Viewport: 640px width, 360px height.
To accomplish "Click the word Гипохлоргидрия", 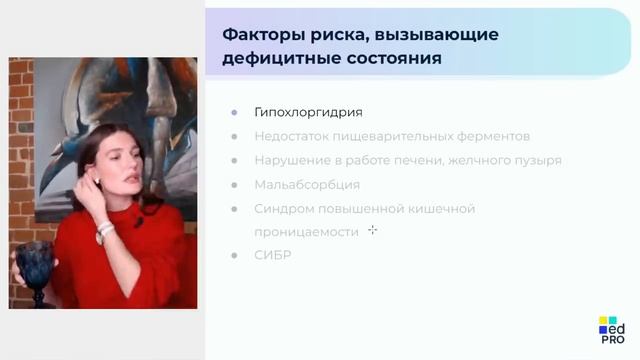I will tap(308, 112).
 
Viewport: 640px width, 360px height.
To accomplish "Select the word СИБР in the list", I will tap(273, 255).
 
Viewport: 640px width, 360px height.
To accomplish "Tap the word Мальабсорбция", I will tap(307, 184).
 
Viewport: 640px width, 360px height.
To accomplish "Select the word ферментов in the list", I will tap(489, 136).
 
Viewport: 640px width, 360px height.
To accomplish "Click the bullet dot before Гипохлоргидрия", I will tap(234, 112).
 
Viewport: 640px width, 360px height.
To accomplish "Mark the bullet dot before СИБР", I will tap(234, 255).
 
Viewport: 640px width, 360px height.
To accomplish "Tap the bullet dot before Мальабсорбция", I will tap(234, 184).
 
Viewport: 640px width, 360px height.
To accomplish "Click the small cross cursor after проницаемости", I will tap(372, 230).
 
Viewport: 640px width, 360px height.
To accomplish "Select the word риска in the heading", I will tap(332, 35).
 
